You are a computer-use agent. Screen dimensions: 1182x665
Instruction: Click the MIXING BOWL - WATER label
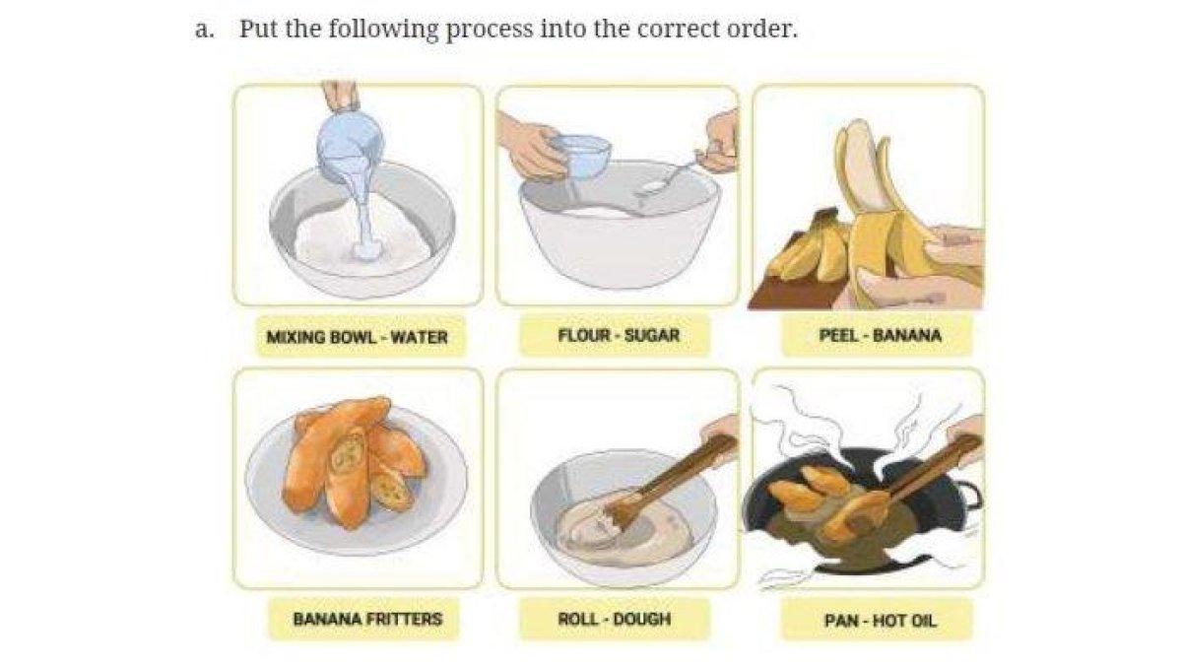click(358, 337)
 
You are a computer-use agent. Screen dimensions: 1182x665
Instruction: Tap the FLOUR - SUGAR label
click(619, 335)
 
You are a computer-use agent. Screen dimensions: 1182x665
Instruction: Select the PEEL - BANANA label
click(880, 335)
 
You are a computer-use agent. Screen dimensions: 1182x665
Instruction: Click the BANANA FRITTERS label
click(367, 619)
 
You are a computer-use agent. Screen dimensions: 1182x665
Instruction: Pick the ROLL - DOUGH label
click(615, 619)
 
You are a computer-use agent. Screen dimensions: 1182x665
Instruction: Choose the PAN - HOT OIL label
click(881, 620)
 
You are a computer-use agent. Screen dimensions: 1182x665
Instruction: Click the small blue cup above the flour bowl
click(580, 156)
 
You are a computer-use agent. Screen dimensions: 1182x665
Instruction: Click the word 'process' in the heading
click(490, 30)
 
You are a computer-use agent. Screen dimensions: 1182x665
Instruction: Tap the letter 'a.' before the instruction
click(205, 30)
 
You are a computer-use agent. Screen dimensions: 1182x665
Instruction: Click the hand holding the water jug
click(341, 95)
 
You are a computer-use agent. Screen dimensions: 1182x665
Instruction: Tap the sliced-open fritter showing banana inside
click(346, 459)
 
